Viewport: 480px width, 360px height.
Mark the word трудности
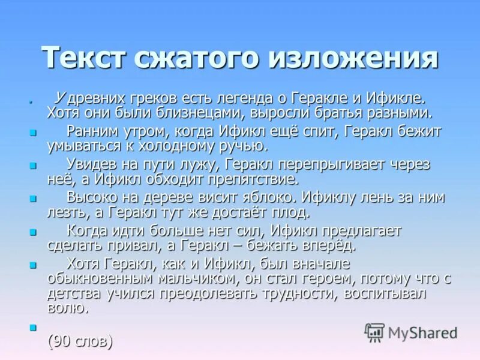click(x=305, y=293)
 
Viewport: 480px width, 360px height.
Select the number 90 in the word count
click(x=60, y=341)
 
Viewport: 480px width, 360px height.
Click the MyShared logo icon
click(x=374, y=331)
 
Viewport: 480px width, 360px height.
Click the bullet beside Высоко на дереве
click(x=33, y=198)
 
